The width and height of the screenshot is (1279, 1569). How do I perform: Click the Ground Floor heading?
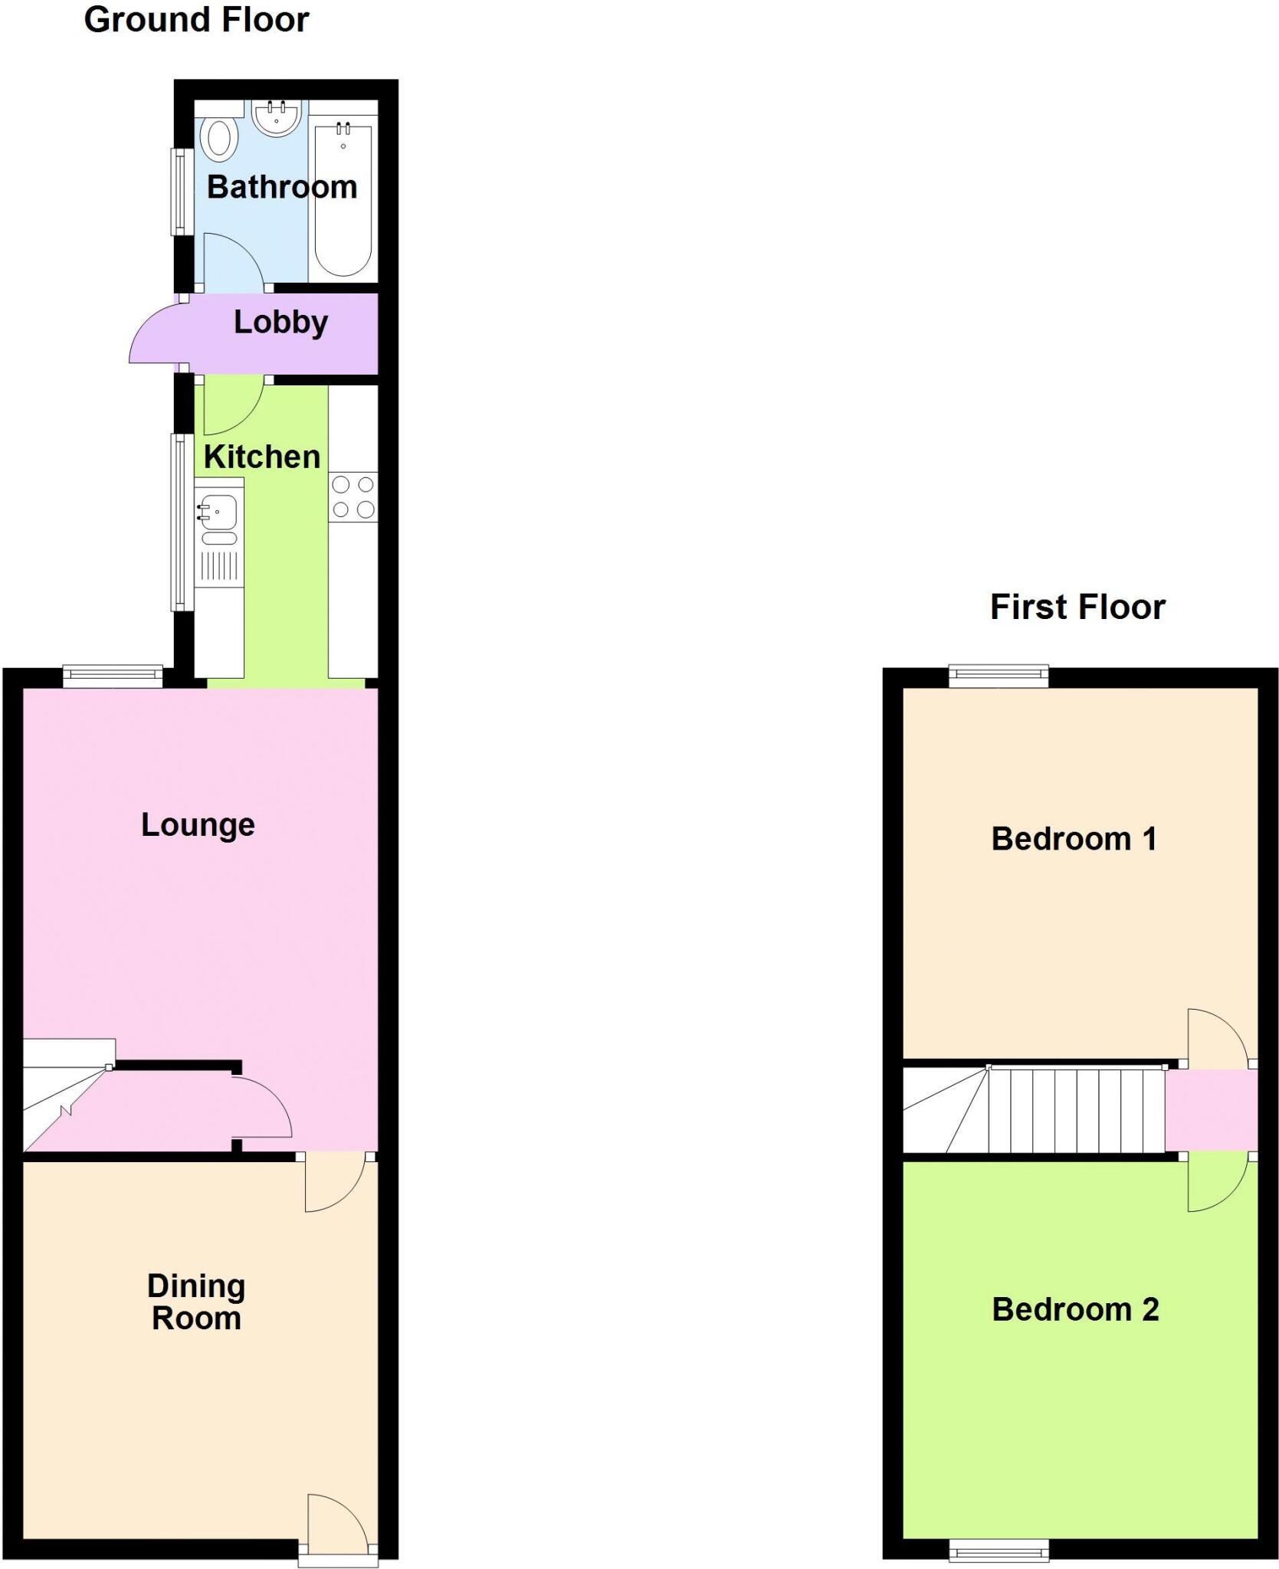[196, 20]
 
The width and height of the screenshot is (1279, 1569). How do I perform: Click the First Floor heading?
[1077, 607]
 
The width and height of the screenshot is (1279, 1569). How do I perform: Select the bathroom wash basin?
[276, 118]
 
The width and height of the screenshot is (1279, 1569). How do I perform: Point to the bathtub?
[343, 199]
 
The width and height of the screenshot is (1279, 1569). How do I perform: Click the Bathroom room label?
[282, 187]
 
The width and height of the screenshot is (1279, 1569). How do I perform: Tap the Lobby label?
[280, 323]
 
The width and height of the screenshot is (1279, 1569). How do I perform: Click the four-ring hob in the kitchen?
[353, 497]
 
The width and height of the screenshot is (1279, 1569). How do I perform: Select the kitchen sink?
[219, 512]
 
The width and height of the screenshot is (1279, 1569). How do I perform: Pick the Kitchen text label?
[261, 457]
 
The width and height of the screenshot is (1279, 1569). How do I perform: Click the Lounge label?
[198, 825]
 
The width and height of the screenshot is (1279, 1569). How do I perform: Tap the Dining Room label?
[196, 1302]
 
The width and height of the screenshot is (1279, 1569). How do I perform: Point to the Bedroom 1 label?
[1074, 839]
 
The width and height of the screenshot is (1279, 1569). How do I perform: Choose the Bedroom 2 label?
[1075, 1310]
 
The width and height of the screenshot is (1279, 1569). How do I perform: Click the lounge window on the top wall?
[113, 676]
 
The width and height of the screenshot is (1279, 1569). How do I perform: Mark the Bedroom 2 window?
[999, 1549]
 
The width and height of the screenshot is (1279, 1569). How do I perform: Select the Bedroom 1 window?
[999, 676]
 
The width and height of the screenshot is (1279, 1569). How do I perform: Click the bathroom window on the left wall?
[181, 192]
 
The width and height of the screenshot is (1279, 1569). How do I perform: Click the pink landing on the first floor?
[1211, 1110]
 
